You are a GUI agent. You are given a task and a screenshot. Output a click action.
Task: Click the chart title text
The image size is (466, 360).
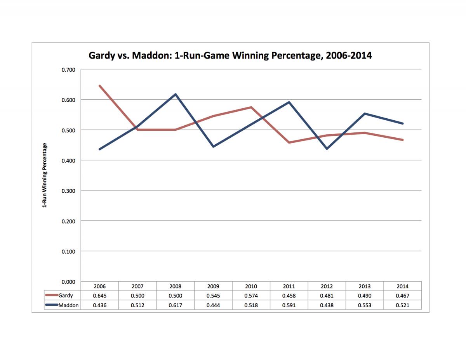[230, 55]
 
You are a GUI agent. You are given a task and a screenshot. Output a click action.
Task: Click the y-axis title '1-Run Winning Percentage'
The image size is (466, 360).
[45, 175]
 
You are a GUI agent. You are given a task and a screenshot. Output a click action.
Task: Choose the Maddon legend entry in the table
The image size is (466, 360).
[68, 305]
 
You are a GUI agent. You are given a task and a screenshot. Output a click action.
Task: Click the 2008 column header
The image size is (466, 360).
[176, 286]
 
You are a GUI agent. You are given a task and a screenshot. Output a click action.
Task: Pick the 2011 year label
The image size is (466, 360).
[289, 286]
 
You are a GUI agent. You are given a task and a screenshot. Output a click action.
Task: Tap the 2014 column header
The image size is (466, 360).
[403, 286]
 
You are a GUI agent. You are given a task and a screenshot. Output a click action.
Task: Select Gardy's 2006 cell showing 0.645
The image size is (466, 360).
[100, 296]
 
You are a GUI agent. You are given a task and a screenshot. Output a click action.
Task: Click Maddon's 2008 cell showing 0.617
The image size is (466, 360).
[176, 305]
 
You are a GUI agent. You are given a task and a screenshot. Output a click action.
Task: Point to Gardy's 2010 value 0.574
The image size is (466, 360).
[251, 296]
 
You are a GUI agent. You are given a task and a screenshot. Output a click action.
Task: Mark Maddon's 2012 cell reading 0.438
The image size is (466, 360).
[327, 305]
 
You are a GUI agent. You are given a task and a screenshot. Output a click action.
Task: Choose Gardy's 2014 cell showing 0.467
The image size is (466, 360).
[403, 296]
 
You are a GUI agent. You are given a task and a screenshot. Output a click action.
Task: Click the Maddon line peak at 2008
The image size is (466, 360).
[176, 94]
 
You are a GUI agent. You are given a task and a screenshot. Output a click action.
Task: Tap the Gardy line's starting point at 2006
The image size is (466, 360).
[100, 86]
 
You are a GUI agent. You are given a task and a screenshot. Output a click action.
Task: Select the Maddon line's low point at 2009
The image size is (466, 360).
[213, 147]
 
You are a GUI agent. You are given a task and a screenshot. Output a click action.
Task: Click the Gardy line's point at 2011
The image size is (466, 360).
[289, 143]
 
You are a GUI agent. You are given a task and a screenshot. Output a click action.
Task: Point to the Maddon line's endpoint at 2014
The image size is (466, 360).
[403, 123]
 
